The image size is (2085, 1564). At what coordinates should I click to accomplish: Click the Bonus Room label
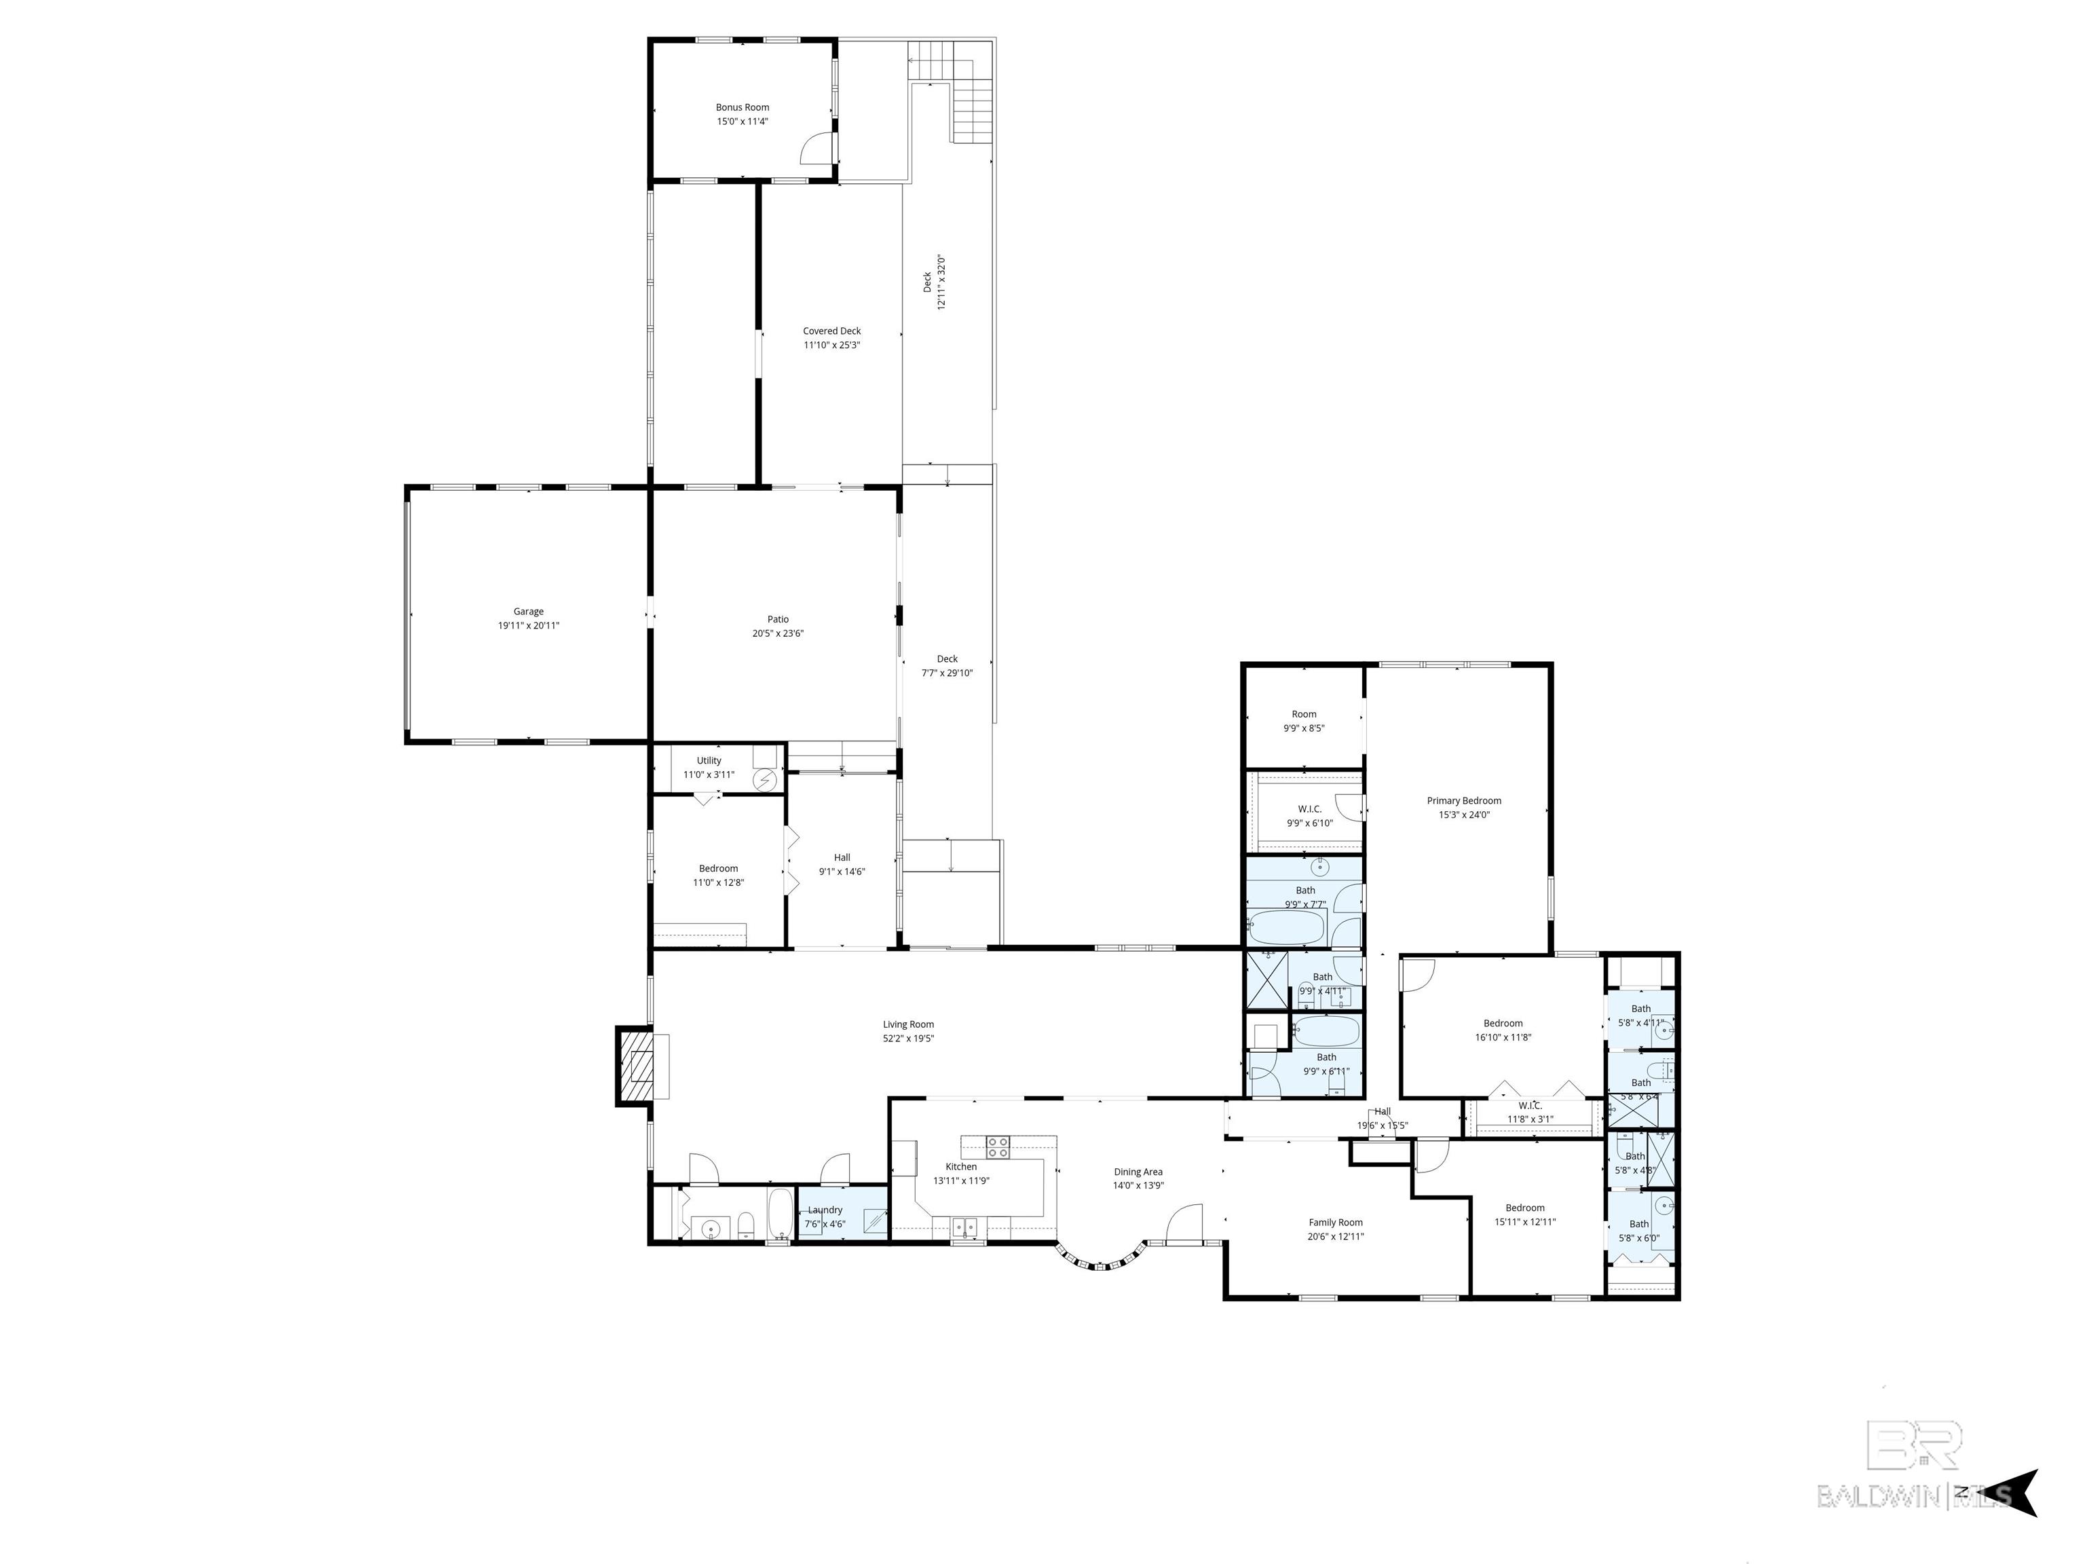pyautogui.click(x=742, y=107)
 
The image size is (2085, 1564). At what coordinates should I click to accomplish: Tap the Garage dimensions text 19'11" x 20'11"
pyautogui.click(x=528, y=626)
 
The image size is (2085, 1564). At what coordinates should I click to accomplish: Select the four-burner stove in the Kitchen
pyautogui.click(x=997, y=1147)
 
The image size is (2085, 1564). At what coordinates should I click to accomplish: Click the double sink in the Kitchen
pyautogui.click(x=963, y=1227)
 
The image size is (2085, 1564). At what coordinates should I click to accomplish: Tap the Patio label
pyautogui.click(x=778, y=619)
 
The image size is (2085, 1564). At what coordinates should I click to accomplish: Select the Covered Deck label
pyautogui.click(x=831, y=331)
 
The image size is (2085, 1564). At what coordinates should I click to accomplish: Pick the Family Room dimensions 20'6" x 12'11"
pyautogui.click(x=1335, y=1237)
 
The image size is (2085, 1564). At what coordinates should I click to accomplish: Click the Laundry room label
pyautogui.click(x=825, y=1210)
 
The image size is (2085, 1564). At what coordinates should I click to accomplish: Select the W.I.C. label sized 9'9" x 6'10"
pyautogui.click(x=1309, y=809)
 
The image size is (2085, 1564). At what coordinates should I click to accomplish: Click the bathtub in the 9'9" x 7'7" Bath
pyautogui.click(x=1287, y=929)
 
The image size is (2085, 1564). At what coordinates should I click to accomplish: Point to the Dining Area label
pyautogui.click(x=1138, y=1172)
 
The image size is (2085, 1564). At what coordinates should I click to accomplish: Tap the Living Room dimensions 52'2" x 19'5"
pyautogui.click(x=907, y=1039)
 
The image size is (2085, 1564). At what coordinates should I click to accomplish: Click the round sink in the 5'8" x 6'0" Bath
pyautogui.click(x=1664, y=1206)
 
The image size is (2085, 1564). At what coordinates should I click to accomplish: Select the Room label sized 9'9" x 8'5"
pyautogui.click(x=1304, y=715)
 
